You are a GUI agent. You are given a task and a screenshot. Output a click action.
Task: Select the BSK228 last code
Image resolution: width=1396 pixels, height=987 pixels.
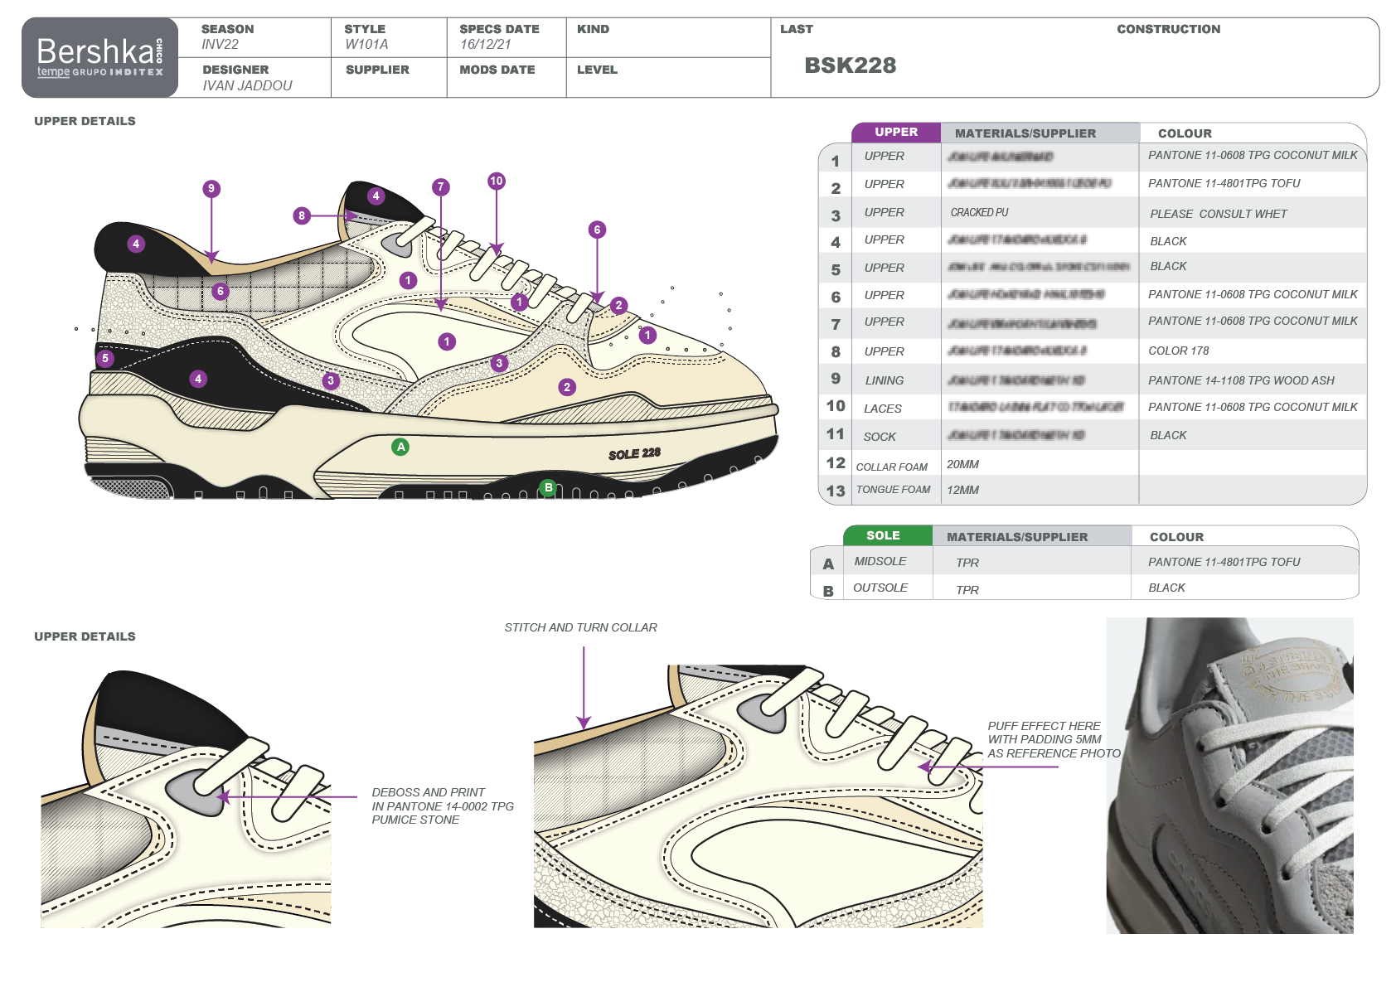[850, 65]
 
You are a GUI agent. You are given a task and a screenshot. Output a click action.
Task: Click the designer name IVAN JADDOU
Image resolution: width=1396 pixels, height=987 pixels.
[247, 85]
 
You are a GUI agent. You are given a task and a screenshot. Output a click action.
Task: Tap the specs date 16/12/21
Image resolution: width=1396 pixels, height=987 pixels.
[485, 44]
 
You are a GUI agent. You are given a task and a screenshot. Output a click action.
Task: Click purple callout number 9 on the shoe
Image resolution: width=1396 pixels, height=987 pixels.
[211, 189]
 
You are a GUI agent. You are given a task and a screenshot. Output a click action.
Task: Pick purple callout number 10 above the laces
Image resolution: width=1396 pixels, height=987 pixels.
[496, 181]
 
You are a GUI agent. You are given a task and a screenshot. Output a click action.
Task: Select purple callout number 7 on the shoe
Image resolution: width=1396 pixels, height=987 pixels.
[441, 187]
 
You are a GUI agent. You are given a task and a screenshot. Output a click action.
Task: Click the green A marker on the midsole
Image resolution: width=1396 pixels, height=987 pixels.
[400, 447]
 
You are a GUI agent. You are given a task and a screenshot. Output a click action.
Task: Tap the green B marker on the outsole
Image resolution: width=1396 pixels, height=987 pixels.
[547, 487]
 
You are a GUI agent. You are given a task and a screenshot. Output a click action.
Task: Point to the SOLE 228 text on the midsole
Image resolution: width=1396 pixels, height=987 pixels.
[634, 454]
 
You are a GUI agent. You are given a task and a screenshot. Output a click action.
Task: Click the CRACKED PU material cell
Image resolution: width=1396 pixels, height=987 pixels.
[979, 213]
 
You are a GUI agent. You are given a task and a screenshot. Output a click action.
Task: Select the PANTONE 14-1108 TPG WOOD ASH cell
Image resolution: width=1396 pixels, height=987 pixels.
[1241, 380]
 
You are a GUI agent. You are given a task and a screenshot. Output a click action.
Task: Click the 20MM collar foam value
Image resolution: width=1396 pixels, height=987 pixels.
[962, 464]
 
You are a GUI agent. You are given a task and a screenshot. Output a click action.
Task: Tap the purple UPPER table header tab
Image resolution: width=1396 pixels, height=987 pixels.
[895, 132]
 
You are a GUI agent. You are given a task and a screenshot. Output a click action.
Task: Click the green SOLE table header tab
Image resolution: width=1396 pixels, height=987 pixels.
[883, 535]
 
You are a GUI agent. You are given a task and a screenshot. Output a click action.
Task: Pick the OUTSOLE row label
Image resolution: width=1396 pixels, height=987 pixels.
[880, 588]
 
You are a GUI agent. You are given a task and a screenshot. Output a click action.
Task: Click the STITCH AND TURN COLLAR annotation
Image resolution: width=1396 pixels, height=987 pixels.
[580, 627]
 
